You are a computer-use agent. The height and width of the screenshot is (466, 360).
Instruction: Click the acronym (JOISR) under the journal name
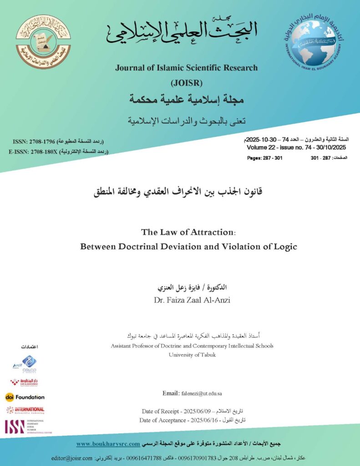coord(186,83)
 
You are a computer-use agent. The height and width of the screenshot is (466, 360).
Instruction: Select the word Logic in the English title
coord(286,247)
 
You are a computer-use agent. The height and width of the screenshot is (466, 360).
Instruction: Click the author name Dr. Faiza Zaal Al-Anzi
coord(186,300)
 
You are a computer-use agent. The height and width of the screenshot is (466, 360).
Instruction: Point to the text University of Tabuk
coord(192,355)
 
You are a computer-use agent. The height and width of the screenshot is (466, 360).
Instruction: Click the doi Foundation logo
coord(25,397)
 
